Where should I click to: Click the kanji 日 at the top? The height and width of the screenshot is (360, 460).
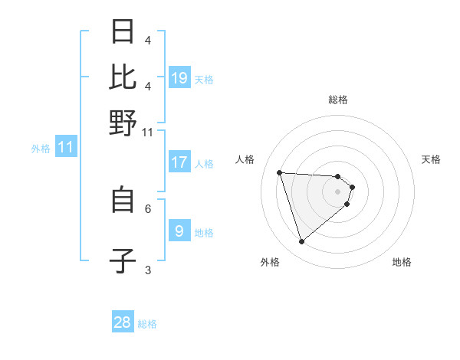pyautogui.click(x=123, y=32)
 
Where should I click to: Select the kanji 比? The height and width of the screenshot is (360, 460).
pyautogui.click(x=123, y=77)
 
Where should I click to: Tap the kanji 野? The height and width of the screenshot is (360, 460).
pyautogui.click(x=123, y=122)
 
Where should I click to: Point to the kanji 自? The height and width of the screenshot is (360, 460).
pyautogui.click(x=123, y=200)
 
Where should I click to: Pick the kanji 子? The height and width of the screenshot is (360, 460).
pyautogui.click(x=123, y=260)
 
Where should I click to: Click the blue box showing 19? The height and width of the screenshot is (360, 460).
pyautogui.click(x=179, y=78)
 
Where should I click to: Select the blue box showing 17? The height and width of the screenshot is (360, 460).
pyautogui.click(x=179, y=162)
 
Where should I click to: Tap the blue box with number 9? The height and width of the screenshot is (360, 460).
pyautogui.click(x=179, y=231)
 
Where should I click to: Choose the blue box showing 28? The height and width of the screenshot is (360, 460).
pyautogui.click(x=123, y=322)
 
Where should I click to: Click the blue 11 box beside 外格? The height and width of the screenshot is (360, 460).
pyautogui.click(x=65, y=147)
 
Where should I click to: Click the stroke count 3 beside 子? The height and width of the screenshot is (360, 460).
pyautogui.click(x=148, y=270)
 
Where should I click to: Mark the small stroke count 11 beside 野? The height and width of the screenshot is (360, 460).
pyautogui.click(x=148, y=133)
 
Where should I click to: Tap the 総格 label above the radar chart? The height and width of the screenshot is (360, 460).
pyautogui.click(x=337, y=100)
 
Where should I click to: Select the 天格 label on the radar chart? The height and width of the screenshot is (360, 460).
pyautogui.click(x=431, y=159)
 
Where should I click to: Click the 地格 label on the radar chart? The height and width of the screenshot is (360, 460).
pyautogui.click(x=402, y=263)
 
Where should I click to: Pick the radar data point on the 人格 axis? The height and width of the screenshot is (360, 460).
pyautogui.click(x=279, y=172)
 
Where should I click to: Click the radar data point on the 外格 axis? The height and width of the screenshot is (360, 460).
pyautogui.click(x=301, y=242)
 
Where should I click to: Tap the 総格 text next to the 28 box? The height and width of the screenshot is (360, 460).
pyautogui.click(x=147, y=324)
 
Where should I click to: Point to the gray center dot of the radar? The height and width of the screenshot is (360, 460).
pyautogui.click(x=337, y=191)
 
